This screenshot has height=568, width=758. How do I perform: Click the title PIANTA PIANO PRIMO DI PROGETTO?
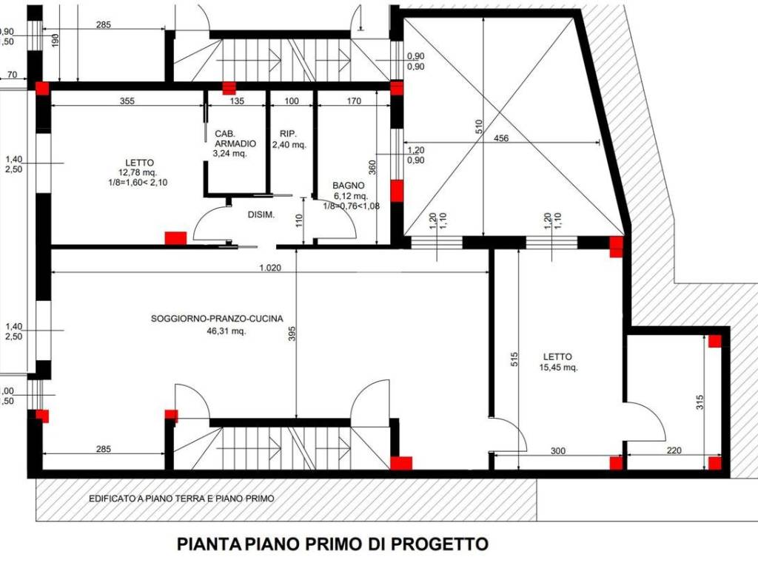pos(332,544)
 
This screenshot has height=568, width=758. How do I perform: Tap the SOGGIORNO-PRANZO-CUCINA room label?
pos(217,319)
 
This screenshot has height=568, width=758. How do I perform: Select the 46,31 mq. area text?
pos(227,331)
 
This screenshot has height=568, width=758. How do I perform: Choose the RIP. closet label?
pos(288,134)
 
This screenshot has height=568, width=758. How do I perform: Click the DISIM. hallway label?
pos(261,214)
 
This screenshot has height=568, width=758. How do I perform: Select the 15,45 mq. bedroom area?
pos(558,367)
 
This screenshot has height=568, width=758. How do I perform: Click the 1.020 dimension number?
pos(270,268)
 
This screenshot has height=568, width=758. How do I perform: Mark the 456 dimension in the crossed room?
pos(501,138)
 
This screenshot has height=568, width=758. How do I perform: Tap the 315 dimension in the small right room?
pos(700,403)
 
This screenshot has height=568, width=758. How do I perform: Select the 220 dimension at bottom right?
pos(672,450)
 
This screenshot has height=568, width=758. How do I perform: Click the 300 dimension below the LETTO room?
pos(558,450)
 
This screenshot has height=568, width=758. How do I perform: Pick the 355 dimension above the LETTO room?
pos(127,101)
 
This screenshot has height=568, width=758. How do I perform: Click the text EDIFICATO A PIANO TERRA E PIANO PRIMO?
pos(181,498)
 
